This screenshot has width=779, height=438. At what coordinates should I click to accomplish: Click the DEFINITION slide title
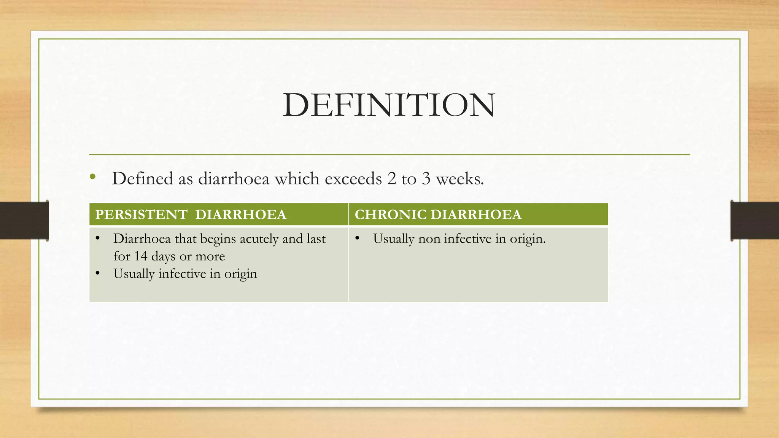coord(389,105)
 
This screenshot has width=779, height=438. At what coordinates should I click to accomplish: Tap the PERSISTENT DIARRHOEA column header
coord(191,215)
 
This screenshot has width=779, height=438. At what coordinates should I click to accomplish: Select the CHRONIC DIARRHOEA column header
coord(438,215)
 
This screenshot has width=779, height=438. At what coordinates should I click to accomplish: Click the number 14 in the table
coord(140,256)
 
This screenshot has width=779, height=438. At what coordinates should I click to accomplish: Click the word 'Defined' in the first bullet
coord(142,179)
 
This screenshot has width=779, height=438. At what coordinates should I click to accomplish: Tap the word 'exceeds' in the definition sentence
coord(353,179)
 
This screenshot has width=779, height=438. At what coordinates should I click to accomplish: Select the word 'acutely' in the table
coord(259,239)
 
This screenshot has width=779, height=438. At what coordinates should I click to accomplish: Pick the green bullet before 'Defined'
coord(93,176)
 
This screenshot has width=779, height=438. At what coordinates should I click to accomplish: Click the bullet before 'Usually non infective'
coord(357,238)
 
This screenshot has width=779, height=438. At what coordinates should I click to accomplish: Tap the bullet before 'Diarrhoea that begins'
coord(98,238)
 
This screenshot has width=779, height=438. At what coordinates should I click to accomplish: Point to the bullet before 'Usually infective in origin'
coord(98,273)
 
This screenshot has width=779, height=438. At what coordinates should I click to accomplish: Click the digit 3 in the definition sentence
coord(426,179)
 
